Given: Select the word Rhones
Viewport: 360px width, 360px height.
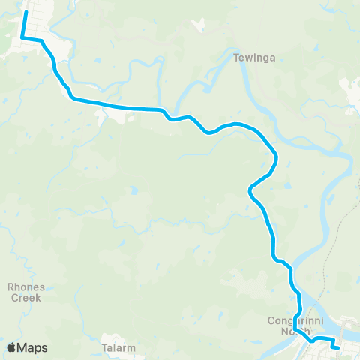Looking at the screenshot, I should pyautogui.click(x=26, y=286).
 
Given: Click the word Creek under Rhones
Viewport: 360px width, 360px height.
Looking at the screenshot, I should pyautogui.click(x=26, y=297).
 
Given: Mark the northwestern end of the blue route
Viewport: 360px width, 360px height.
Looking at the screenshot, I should pyautogui.click(x=26, y=11).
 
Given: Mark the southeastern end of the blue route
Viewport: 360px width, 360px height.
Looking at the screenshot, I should pyautogui.click(x=338, y=348).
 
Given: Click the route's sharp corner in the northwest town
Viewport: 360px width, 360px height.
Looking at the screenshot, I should pyautogui.click(x=21, y=37).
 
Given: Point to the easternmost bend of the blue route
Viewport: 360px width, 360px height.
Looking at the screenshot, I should pyautogui.click(x=277, y=157).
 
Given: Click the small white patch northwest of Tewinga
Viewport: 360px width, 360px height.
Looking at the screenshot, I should pyautogui.click(x=198, y=25).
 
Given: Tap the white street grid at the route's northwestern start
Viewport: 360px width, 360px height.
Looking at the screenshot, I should pyautogui.click(x=37, y=22).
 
